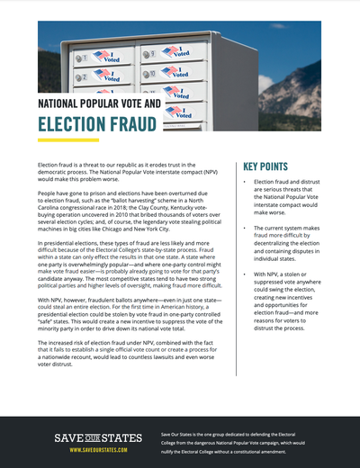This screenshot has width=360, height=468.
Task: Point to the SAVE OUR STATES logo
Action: click(97, 438)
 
